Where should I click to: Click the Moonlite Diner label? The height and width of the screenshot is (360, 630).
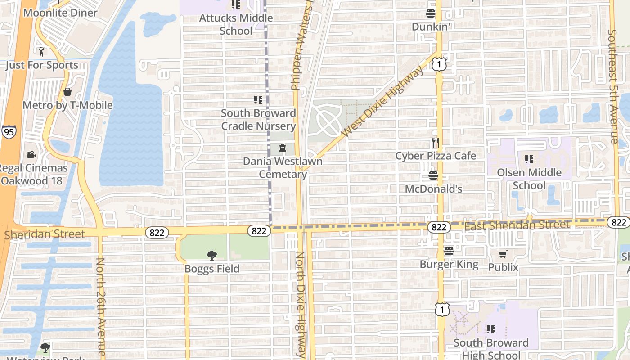click(60, 13)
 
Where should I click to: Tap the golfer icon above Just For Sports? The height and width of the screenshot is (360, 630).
click(42, 52)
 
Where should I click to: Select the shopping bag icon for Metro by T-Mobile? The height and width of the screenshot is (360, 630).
click(67, 92)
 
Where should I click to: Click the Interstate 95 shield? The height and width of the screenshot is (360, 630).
click(9, 132)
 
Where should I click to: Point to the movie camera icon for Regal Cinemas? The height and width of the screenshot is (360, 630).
click(31, 155)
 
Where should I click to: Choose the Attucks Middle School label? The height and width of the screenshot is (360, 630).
click(236, 24)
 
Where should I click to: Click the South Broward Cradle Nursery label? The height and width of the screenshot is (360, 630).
click(258, 119)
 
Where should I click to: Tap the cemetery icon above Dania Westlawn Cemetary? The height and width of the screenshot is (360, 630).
click(283, 148)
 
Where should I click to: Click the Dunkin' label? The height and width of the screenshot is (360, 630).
click(431, 27)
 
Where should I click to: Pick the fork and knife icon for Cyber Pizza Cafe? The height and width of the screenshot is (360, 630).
click(435, 143)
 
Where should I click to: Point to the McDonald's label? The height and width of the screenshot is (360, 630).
click(433, 189)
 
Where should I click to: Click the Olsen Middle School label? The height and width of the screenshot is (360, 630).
click(529, 179)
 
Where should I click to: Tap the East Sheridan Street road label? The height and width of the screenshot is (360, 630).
click(517, 225)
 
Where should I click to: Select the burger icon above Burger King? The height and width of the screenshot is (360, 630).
click(449, 251)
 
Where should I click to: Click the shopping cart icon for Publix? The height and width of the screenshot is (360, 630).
click(503, 254)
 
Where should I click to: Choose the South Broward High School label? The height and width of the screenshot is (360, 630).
click(491, 349)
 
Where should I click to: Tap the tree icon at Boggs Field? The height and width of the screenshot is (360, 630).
click(211, 256)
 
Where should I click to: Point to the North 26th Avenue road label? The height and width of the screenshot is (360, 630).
click(101, 308)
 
